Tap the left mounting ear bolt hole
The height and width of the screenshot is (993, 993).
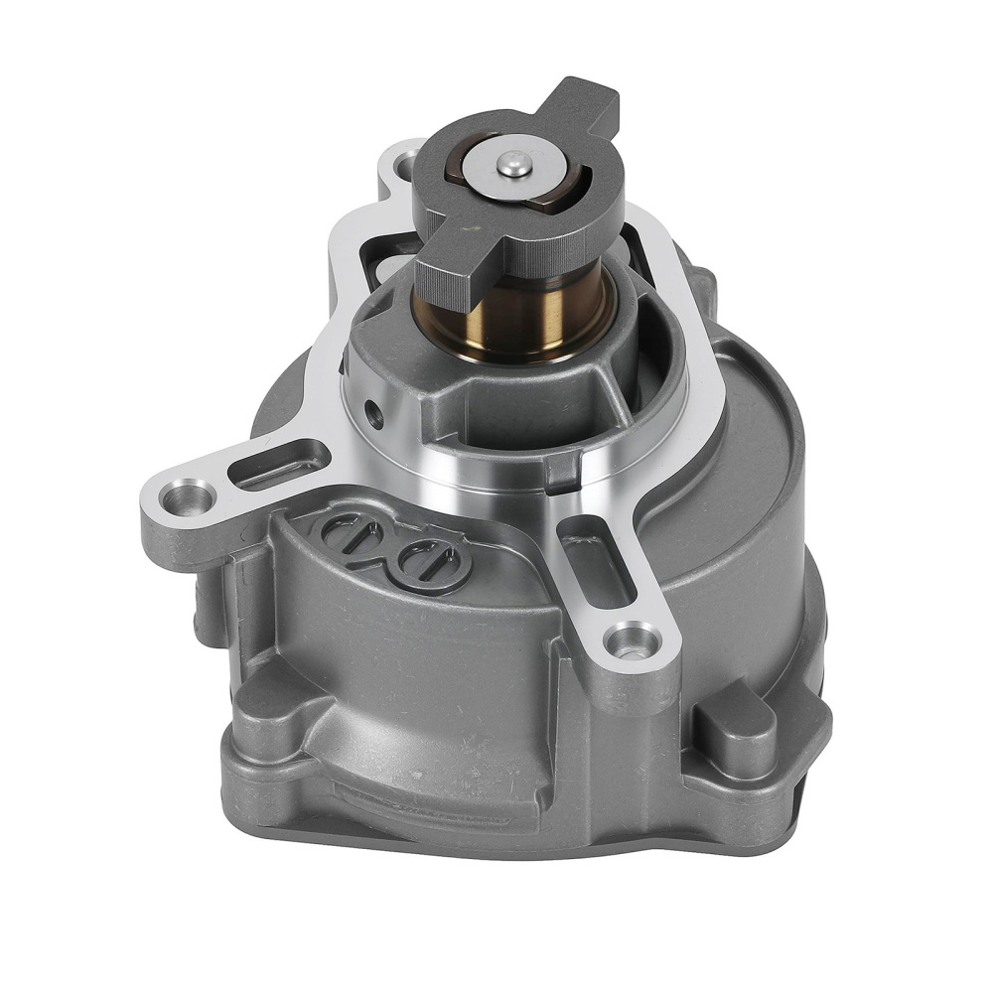click(185, 496)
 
